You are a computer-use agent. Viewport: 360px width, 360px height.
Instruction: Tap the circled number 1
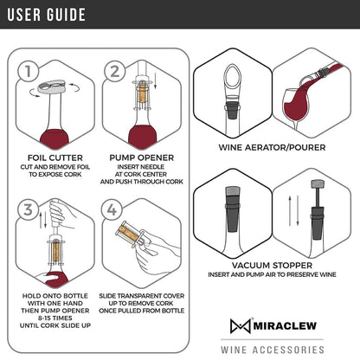[x=30, y=71]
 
